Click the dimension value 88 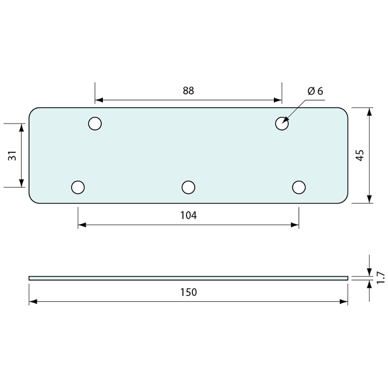point(188,91)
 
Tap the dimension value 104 point(188,216)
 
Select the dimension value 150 point(188,292)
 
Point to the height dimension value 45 point(360,156)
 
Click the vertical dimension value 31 point(12,156)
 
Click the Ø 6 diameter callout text point(315,91)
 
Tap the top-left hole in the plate point(95,123)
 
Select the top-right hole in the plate point(282,123)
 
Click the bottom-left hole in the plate point(78,187)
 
